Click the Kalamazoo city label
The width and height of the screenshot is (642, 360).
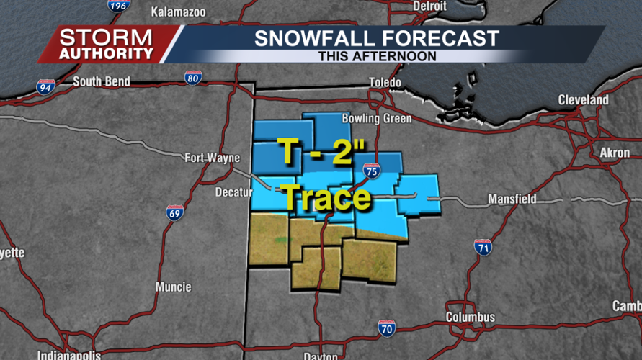tap(178, 12)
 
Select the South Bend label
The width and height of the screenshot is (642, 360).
tap(101, 82)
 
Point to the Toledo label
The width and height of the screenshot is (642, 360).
tap(385, 83)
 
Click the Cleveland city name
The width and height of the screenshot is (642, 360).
tap(583, 100)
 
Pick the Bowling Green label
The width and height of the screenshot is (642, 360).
tap(377, 119)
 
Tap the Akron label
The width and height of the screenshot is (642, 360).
tap(615, 153)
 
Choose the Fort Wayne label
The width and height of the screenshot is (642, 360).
tap(212, 158)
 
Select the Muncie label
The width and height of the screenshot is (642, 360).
tap(173, 287)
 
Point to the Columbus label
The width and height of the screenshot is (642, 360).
tap(470, 317)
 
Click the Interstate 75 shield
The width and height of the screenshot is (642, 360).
tap(371, 171)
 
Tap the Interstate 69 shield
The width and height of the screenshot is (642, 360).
tap(175, 212)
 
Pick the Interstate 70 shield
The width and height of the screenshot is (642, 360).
tap(386, 328)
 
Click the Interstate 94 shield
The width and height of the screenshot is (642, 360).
tap(45, 87)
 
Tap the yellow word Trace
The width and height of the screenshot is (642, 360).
tap(326, 197)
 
